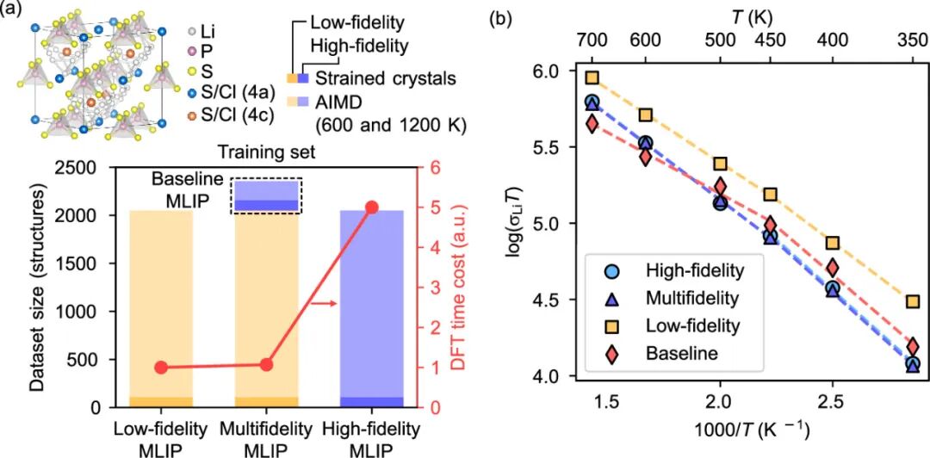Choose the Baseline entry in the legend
[x=682, y=352]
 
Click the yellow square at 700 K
[x=592, y=77]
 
